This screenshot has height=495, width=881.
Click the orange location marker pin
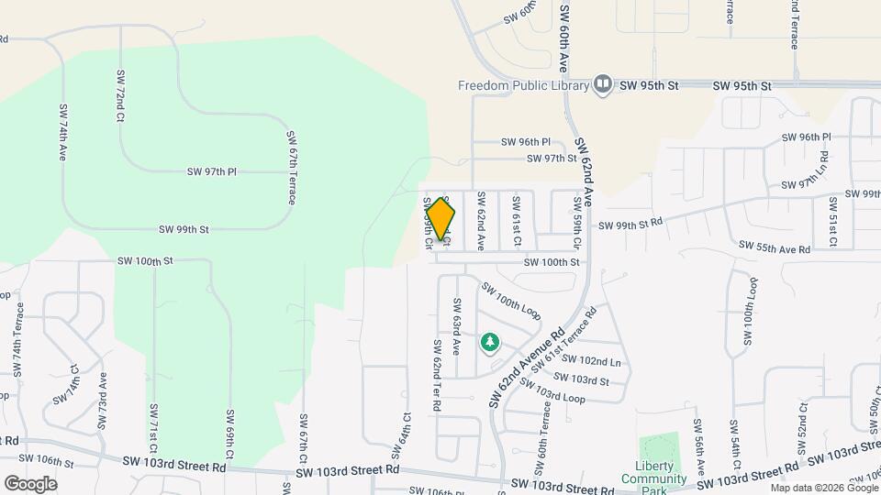point(440,218)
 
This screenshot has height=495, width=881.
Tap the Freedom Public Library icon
point(603,85)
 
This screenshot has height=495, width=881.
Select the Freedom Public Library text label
point(523,86)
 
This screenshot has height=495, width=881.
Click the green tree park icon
point(490,343)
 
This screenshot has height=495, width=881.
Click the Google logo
point(30,483)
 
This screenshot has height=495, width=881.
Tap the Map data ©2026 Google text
point(827,486)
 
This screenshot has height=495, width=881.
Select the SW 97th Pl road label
point(212,171)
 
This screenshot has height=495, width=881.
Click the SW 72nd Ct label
point(120,95)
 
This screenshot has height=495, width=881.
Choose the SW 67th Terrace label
point(291,166)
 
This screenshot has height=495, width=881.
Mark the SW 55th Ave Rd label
point(775,248)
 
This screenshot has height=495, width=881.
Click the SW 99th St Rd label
point(630,225)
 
